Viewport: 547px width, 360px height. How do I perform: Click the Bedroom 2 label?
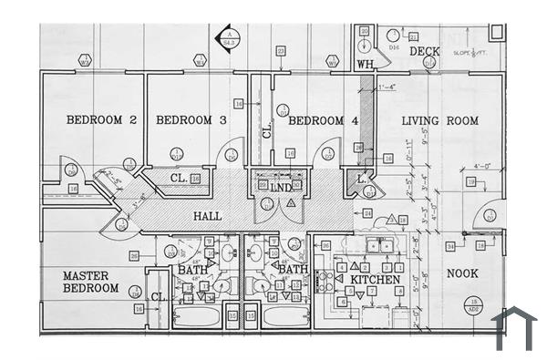click(101, 119)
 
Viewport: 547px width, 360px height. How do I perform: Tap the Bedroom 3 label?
click(191, 119)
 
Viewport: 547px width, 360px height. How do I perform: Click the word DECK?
click(425, 52)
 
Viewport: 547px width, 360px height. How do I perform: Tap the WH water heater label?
click(365, 64)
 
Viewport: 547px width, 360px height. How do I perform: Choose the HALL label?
click(208, 218)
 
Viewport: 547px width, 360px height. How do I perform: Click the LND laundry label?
click(281, 187)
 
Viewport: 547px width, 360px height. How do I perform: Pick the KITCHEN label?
click(376, 280)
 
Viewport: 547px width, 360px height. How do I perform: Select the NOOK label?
click(461, 273)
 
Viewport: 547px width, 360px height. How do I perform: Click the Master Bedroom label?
click(90, 282)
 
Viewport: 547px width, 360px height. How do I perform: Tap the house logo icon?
click(513, 328)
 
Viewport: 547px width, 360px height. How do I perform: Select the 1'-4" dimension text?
click(389, 87)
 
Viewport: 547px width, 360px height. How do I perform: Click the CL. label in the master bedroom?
click(157, 297)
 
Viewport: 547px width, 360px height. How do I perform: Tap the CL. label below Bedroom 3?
click(179, 179)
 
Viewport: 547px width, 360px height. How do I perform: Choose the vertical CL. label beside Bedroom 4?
click(267, 129)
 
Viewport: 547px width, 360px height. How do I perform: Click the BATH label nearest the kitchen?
click(292, 271)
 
